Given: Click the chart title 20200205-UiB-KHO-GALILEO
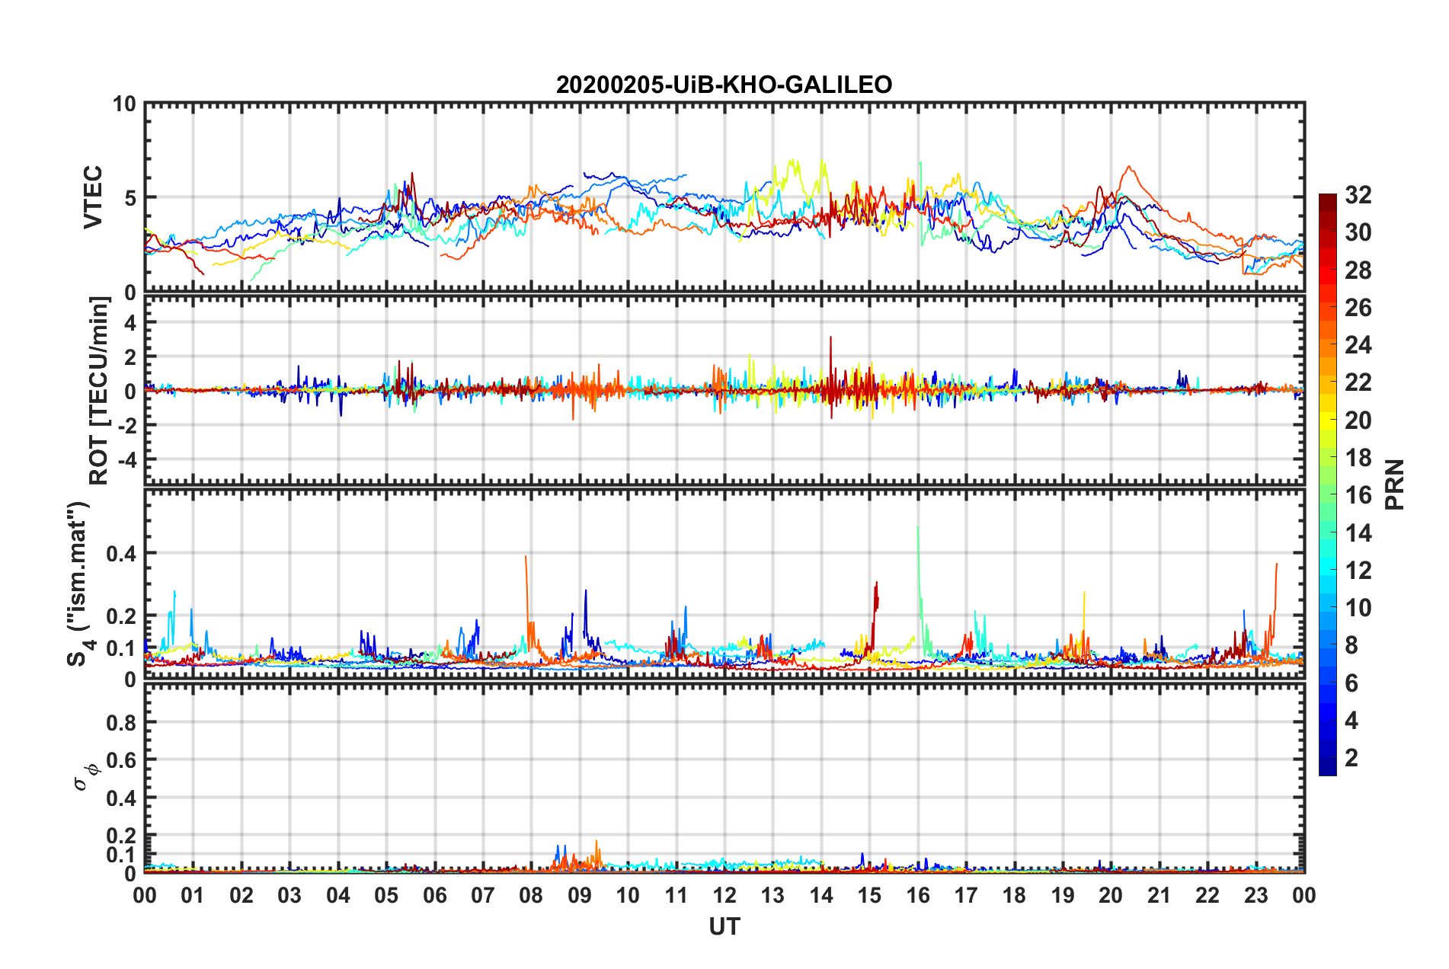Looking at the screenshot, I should click(x=724, y=85).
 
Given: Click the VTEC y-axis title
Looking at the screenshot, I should click(x=93, y=197).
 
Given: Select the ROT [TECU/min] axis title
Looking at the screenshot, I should click(x=99, y=390).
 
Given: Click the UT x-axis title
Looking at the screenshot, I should click(x=724, y=926).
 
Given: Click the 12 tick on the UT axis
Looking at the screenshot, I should click(x=724, y=895).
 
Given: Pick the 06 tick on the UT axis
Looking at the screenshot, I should click(x=434, y=895).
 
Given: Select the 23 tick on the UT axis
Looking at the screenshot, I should click(x=1255, y=895).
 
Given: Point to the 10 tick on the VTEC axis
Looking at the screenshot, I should click(x=124, y=104).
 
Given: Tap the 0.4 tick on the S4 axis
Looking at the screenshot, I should click(x=122, y=554).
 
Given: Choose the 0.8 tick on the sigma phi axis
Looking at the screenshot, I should click(x=122, y=722).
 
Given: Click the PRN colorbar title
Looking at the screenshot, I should click(x=1394, y=484).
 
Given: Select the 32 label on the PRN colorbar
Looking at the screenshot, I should click(x=1358, y=195).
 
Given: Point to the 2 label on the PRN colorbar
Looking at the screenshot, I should click(x=1351, y=757).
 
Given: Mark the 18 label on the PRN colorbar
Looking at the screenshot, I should click(x=1358, y=458).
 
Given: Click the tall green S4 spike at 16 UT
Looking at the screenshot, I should click(x=918, y=533).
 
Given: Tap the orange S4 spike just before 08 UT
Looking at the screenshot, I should click(x=526, y=564).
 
